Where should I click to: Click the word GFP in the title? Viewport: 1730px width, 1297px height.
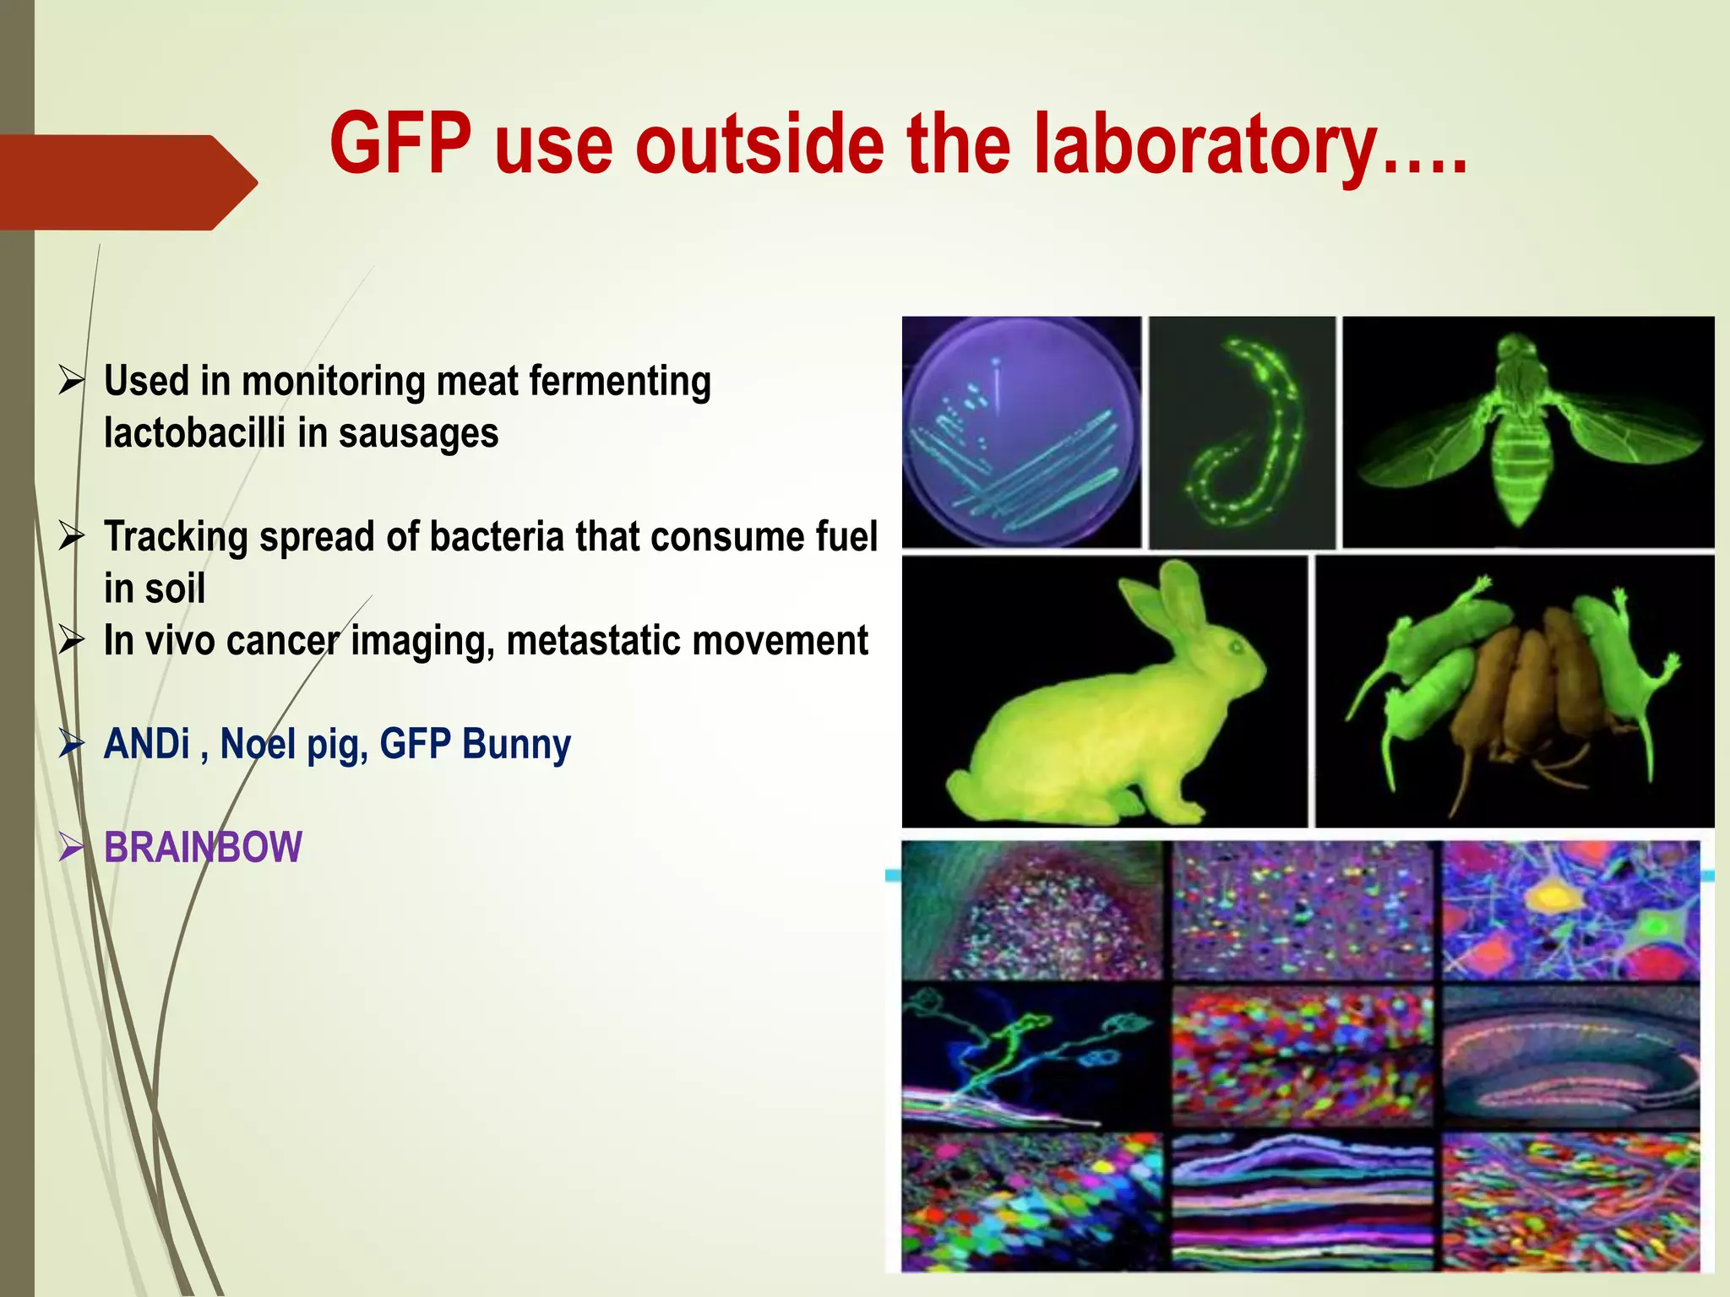[x=400, y=145]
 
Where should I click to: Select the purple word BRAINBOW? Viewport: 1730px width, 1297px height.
[x=203, y=848]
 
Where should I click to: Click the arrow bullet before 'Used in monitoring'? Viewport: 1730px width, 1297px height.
[x=72, y=381]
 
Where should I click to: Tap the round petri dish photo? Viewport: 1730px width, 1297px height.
[x=1021, y=432]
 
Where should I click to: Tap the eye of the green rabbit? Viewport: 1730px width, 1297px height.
[x=1231, y=648]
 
